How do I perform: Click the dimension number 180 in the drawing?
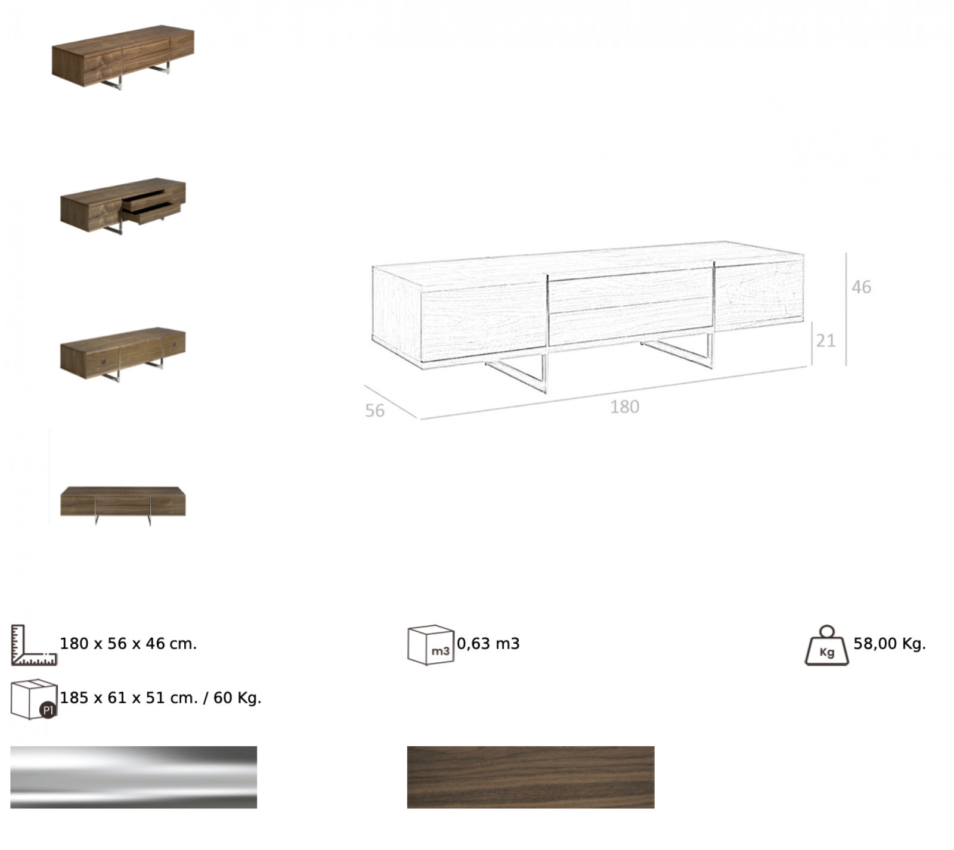click(624, 407)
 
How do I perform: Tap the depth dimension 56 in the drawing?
click(374, 411)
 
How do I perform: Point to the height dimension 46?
click(861, 287)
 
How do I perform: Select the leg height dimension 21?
click(826, 341)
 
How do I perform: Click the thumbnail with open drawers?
click(123, 205)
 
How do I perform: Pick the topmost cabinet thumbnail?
click(123, 57)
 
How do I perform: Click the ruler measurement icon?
click(34, 645)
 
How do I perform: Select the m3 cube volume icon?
click(430, 645)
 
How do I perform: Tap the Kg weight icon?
click(827, 646)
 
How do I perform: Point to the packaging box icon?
click(34, 699)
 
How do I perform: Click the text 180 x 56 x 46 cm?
click(128, 644)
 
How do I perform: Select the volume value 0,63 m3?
click(488, 644)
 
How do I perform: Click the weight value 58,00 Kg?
click(890, 644)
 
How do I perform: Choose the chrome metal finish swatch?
click(134, 777)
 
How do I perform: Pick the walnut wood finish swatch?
click(531, 777)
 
